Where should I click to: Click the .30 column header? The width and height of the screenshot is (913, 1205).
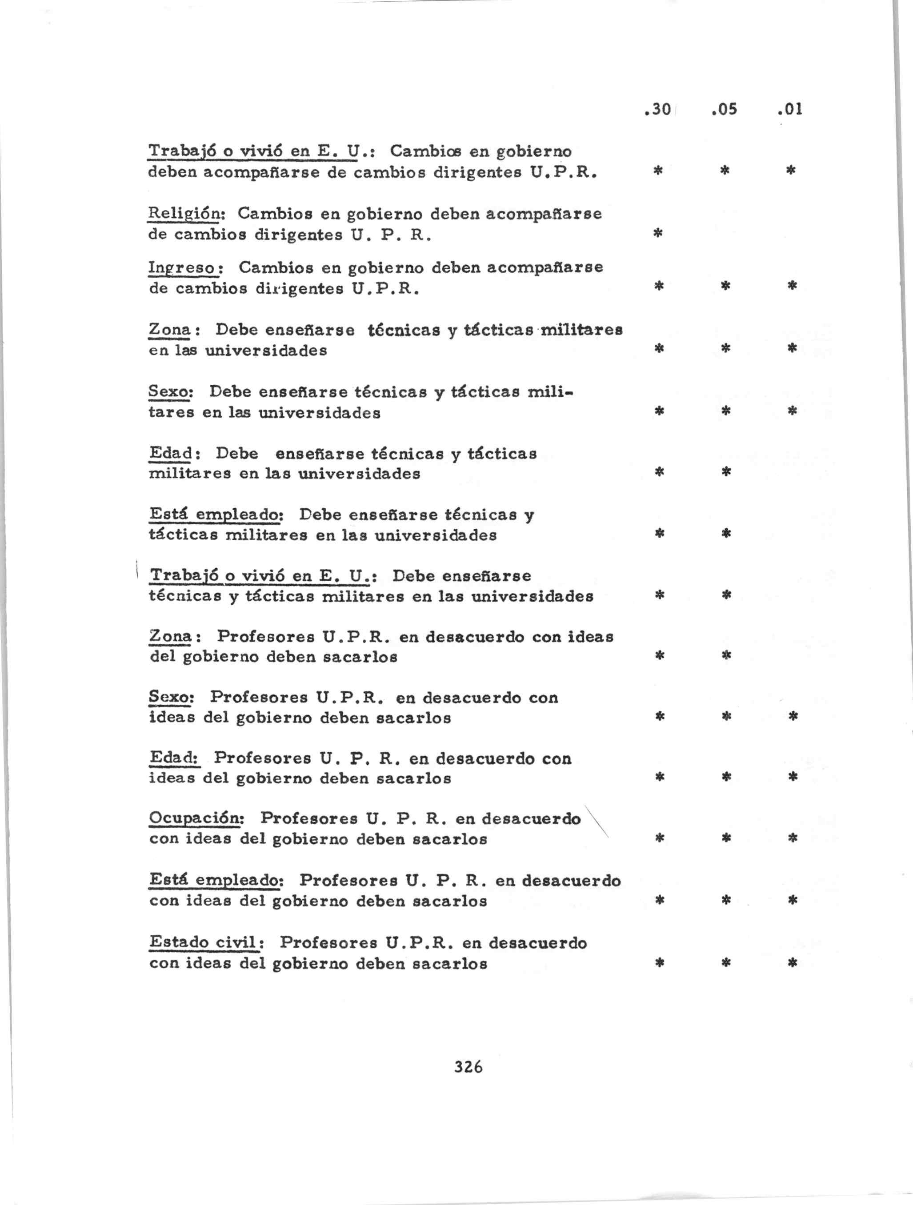657,109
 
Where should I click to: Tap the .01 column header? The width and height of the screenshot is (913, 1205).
790,109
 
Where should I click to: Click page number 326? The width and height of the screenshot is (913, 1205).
468,1066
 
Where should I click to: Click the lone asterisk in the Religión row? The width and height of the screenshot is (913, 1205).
658,234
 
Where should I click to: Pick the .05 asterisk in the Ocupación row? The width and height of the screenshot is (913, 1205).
725,838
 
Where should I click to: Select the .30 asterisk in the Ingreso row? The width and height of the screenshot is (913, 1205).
658,285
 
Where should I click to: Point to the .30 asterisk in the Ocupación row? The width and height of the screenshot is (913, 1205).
659,838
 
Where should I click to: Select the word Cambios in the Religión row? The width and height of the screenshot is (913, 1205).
274,214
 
